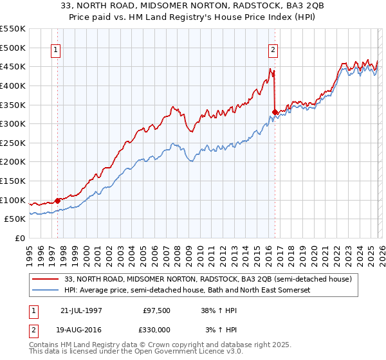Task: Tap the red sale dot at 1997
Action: pyautogui.click(x=58, y=201)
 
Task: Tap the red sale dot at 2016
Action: pyautogui.click(x=275, y=112)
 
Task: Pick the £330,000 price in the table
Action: pyautogui.click(x=156, y=329)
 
